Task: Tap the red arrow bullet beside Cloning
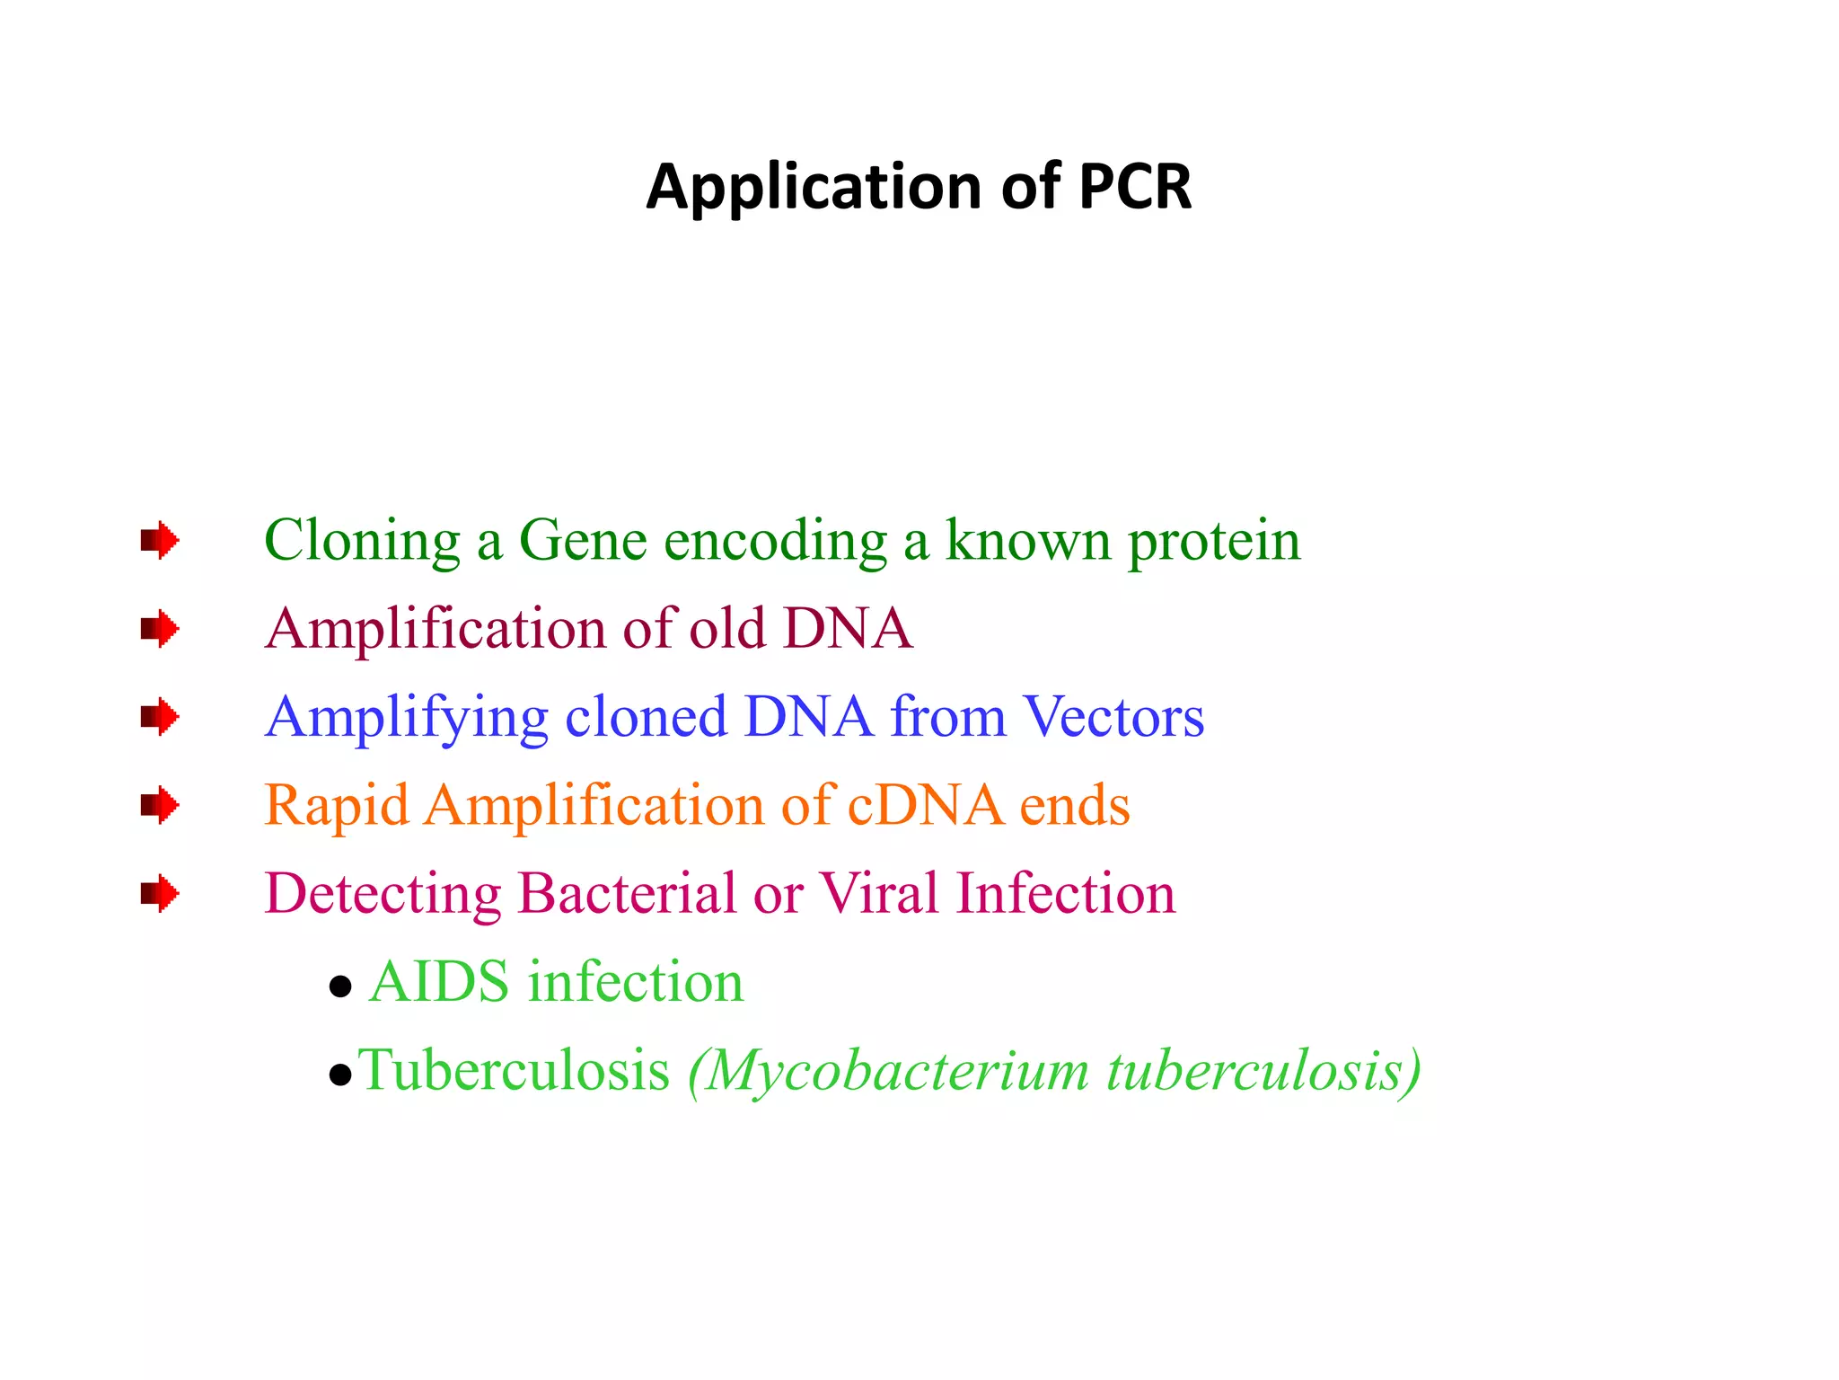160,540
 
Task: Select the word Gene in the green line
583,541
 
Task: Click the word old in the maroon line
726,627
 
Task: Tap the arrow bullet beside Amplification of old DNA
160,628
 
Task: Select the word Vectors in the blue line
1113,717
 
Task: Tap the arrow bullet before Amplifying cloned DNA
160,716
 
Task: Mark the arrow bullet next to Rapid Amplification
160,804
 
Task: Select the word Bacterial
627,893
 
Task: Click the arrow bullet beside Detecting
160,893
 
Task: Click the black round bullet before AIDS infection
340,987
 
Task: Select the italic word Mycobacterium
887,1072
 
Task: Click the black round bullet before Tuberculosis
340,1075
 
